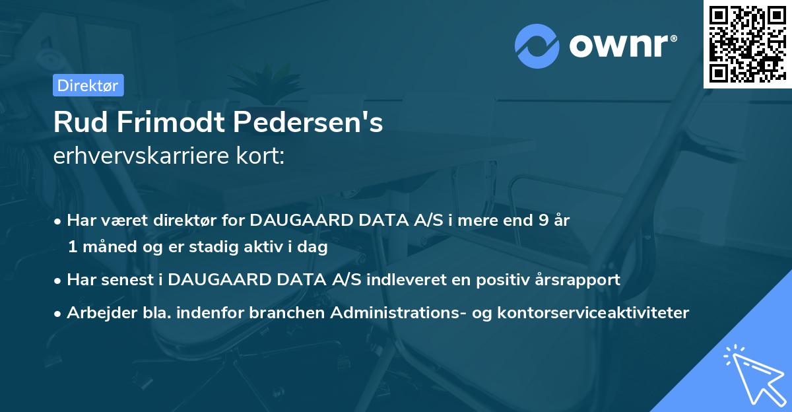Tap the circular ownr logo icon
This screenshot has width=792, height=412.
pos(538,46)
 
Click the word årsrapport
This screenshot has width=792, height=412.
pos(577,280)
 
